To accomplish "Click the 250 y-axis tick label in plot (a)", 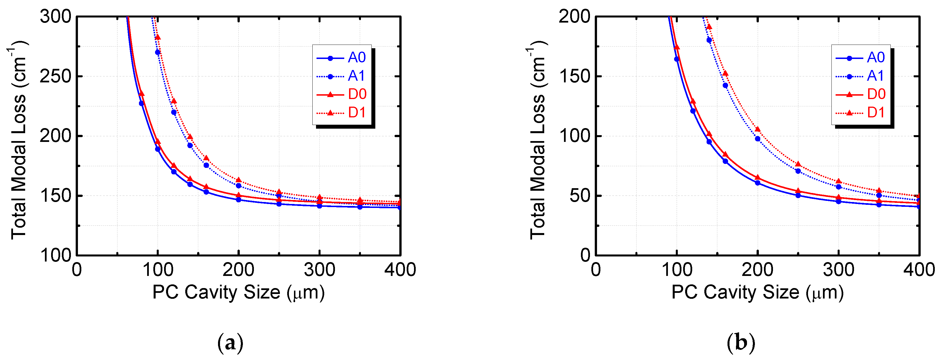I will [x=56, y=76].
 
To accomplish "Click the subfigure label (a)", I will [x=230, y=343].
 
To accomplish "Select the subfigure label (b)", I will [x=741, y=343].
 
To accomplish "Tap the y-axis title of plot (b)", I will [x=538, y=141].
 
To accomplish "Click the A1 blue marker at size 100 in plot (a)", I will [x=157, y=52].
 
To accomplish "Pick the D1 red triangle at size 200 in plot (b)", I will [x=757, y=129].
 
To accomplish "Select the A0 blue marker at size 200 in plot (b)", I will [x=757, y=183].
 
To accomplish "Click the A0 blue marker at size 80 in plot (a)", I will [x=141, y=103].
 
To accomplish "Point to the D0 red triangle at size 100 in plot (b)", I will [x=677, y=47].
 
